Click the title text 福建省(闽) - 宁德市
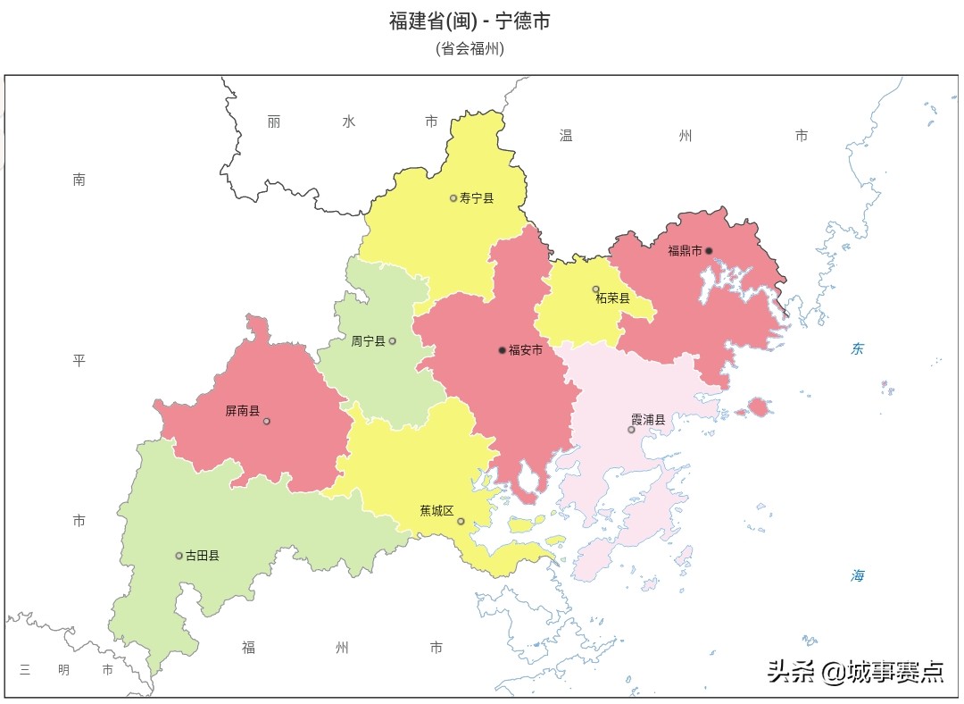[x=470, y=21]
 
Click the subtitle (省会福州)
[x=470, y=49]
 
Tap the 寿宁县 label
[x=477, y=198]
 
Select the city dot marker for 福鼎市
[x=709, y=251]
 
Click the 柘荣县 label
[x=612, y=298]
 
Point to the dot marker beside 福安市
[x=502, y=350]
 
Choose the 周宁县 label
[x=368, y=341]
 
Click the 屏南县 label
[x=242, y=412]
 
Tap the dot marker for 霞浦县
[x=631, y=430]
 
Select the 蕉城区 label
[x=436, y=511]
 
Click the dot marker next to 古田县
[x=179, y=556]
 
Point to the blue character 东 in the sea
[x=857, y=349]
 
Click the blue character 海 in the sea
[x=857, y=576]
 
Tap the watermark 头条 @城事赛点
[x=855, y=672]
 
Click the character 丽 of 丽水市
[x=273, y=122]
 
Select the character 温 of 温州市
[x=566, y=136]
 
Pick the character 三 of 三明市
[x=25, y=670]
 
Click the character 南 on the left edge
[x=79, y=180]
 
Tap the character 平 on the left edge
[x=79, y=361]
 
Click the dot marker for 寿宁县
[x=453, y=198]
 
